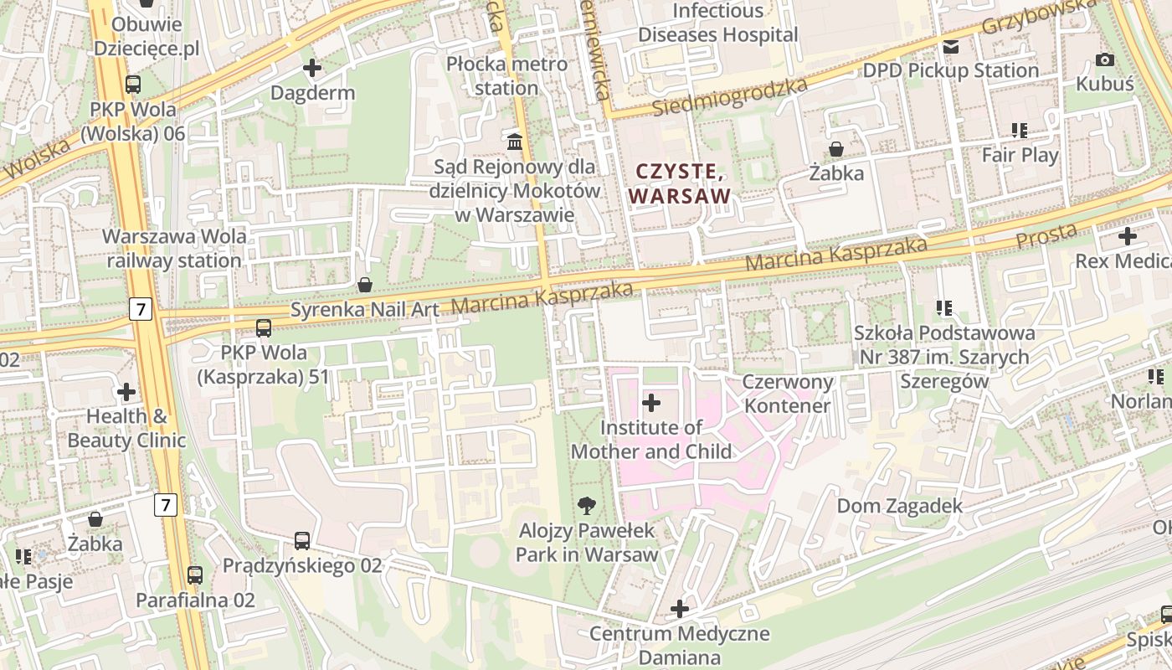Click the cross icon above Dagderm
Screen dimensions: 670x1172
[312, 67]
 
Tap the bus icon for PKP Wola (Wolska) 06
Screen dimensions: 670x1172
[133, 84]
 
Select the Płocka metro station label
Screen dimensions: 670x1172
[506, 75]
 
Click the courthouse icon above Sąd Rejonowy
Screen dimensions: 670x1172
[515, 140]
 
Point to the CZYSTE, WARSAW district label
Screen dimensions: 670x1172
[680, 183]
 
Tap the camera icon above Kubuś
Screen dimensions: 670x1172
[1104, 59]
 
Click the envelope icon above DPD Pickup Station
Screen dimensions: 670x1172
[950, 47]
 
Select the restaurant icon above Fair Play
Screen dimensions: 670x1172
[1019, 130]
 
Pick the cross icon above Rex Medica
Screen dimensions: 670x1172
[1127, 236]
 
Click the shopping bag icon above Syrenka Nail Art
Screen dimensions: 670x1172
[364, 285]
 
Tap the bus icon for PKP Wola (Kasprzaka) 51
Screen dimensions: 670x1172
[264, 327]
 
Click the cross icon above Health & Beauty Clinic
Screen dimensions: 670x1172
[126, 391]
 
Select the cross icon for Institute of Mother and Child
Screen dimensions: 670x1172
[650, 403]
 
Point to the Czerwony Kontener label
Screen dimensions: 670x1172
[789, 394]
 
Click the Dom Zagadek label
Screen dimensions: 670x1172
[900, 506]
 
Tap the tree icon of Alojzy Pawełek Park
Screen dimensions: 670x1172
[587, 505]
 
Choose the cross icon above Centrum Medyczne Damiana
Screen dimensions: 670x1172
[679, 608]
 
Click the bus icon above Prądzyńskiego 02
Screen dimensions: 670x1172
[302, 540]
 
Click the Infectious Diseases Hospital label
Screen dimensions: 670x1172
[718, 23]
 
